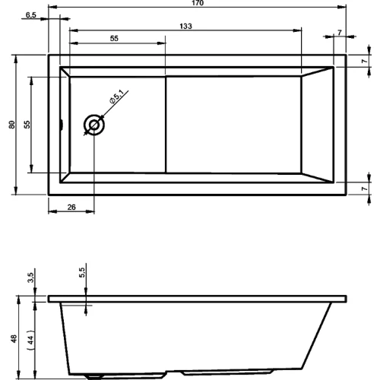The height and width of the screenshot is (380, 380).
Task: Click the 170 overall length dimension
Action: (198, 3)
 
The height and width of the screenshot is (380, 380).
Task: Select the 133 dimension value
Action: (185, 26)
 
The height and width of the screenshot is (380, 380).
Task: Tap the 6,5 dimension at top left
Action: (31, 15)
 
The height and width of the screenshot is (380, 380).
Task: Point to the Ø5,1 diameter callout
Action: (116, 97)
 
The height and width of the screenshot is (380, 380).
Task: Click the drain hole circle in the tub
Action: (94, 125)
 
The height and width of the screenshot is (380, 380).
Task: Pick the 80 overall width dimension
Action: (12, 125)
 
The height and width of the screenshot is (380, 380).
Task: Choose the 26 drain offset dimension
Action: (71, 207)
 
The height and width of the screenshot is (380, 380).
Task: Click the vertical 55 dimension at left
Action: (27, 125)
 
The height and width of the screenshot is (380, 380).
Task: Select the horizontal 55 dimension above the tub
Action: (114, 39)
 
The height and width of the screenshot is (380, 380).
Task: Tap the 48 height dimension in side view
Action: (14, 339)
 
